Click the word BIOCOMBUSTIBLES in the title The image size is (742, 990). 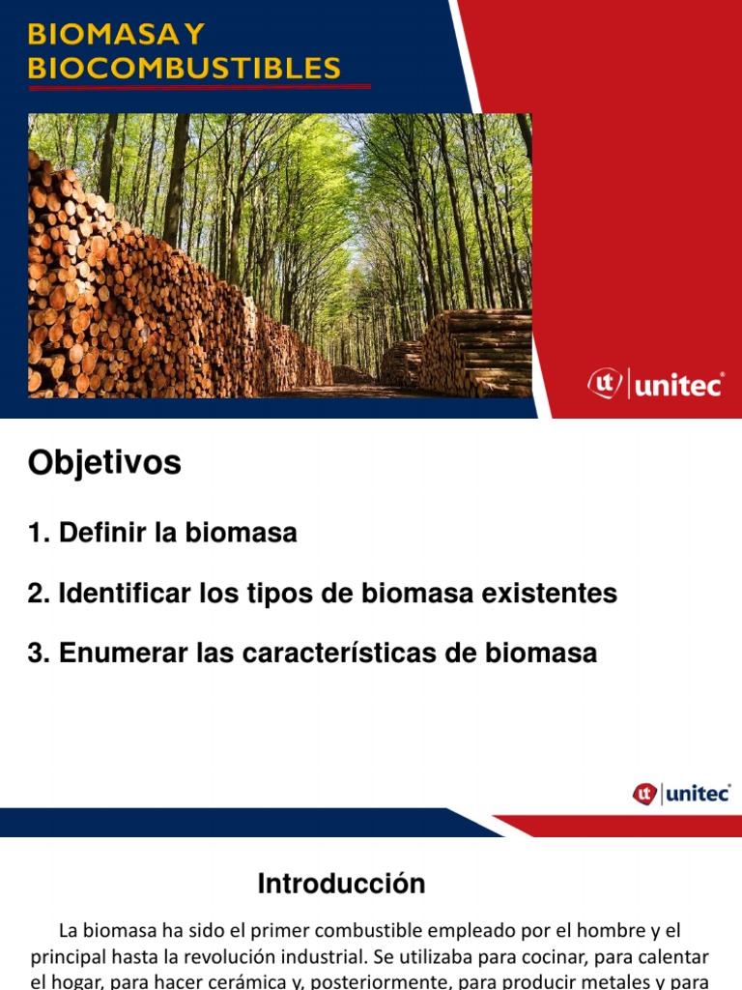point(184,68)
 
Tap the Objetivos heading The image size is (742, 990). point(104,464)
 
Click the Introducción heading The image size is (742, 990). point(341,884)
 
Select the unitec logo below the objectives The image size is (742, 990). point(682,794)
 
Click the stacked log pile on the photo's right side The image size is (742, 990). point(478,353)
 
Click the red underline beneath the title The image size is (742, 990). point(199,87)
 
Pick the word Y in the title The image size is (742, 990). point(193,35)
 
